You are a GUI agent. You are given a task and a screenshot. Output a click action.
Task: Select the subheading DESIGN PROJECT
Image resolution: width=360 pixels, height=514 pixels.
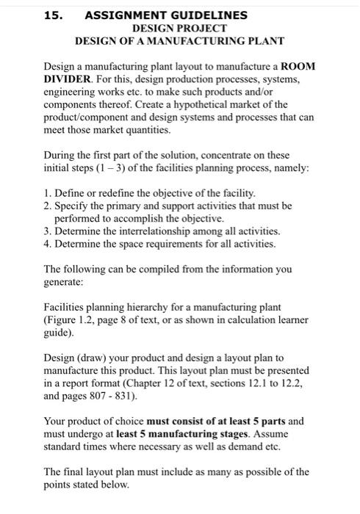[179, 27]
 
